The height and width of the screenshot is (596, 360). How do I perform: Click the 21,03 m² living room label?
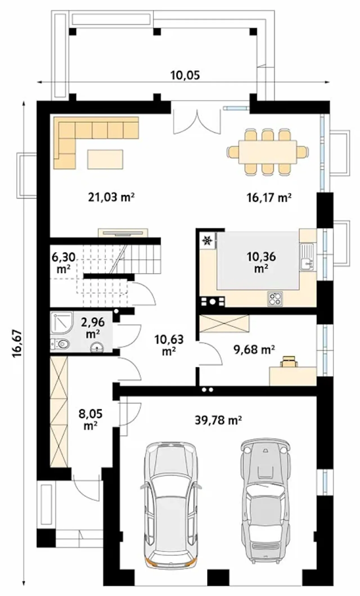(111, 197)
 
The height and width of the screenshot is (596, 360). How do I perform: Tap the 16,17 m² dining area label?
(269, 197)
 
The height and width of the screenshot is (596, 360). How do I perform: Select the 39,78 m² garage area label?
(218, 420)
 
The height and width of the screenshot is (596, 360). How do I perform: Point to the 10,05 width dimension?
(185, 75)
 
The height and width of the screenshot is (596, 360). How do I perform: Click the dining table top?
(268, 152)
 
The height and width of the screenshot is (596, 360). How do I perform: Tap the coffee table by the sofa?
(105, 159)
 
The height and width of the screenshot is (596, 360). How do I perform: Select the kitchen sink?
(307, 257)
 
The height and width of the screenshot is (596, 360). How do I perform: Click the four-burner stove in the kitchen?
(275, 299)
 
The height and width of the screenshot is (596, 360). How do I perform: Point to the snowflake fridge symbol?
(208, 240)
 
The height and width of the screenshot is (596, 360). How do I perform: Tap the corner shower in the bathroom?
(62, 323)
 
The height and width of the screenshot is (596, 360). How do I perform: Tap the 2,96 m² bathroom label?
(93, 328)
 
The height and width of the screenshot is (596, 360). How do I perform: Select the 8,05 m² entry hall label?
(90, 420)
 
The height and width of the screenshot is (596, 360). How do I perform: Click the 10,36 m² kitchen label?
(261, 262)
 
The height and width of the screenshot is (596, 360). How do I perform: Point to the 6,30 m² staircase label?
(64, 263)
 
